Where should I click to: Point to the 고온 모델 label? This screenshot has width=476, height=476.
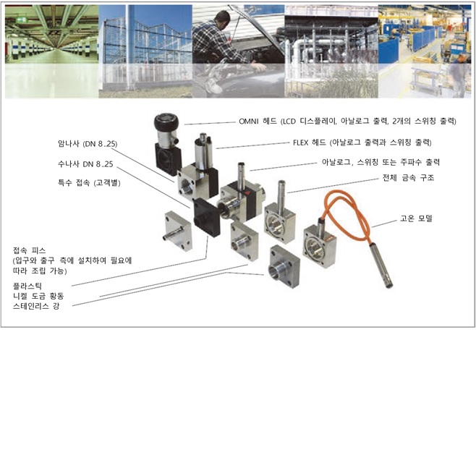click(418, 217)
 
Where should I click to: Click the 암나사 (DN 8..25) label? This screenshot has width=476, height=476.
click(90, 143)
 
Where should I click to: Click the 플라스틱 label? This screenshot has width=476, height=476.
click(28, 286)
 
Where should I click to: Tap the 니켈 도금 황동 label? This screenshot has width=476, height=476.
click(43, 297)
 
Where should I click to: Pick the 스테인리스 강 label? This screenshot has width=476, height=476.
click(38, 307)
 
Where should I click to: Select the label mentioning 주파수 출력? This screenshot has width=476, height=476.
click(381, 162)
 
